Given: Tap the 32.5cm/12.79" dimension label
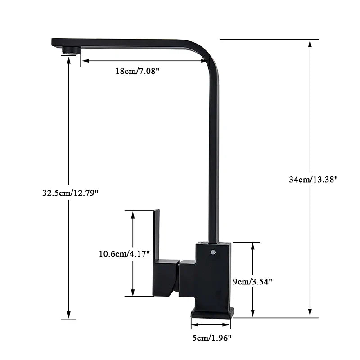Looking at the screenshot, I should pyautogui.click(x=70, y=193).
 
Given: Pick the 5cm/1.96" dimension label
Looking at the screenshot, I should pyautogui.click(x=211, y=337).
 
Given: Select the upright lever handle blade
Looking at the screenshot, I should pyautogui.click(x=157, y=234).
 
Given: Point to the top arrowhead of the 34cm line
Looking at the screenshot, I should pyautogui.click(x=310, y=43).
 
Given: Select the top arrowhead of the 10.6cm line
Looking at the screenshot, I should pyautogui.click(x=133, y=214).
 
